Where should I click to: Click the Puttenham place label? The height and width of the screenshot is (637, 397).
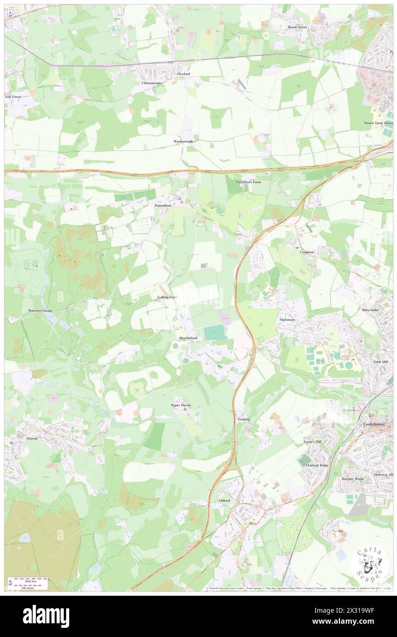162,206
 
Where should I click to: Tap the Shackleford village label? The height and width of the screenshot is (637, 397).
188,338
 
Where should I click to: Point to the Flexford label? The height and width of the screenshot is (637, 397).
183,74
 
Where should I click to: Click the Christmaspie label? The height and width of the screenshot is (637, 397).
152,83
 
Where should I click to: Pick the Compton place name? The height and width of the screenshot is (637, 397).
307,252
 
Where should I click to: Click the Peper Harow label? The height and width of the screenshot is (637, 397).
181,405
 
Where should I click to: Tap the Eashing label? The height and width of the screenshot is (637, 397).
243,419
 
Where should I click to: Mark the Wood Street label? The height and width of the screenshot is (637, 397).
297,27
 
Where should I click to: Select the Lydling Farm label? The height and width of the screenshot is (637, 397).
164,297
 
